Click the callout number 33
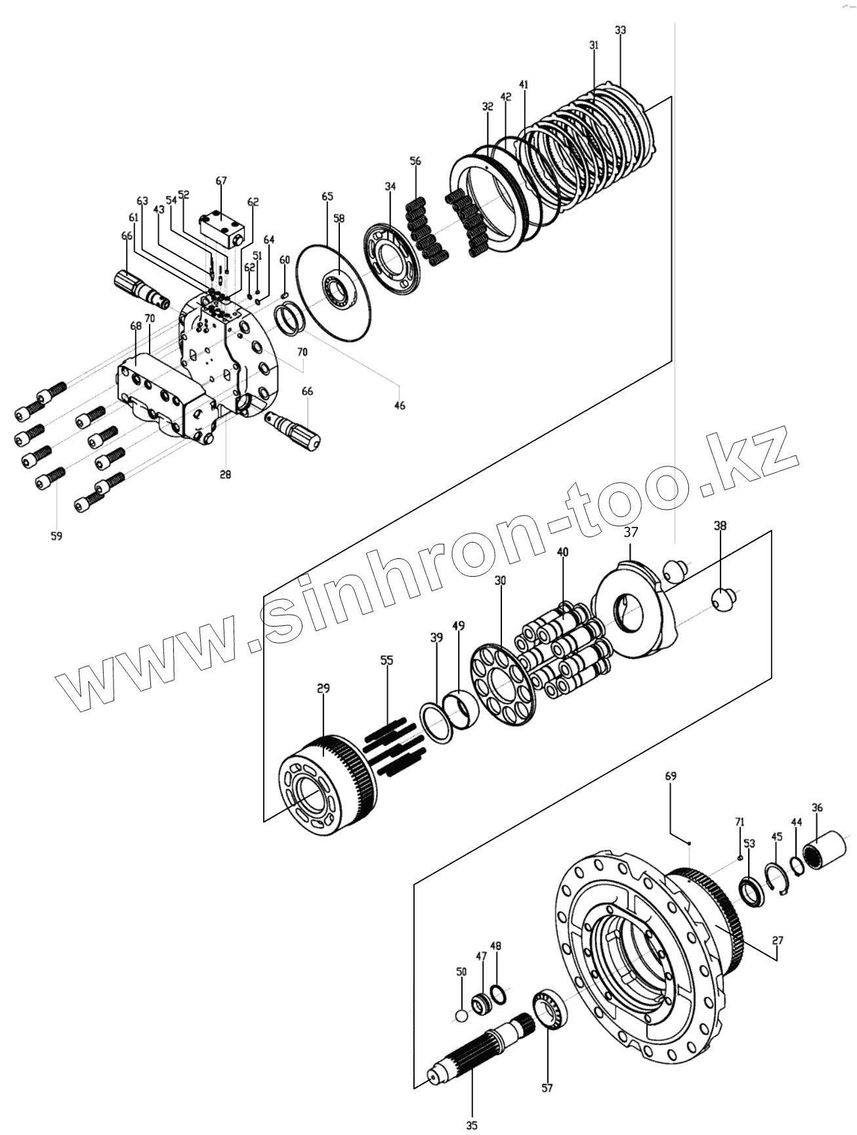tap(620, 30)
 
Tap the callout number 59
tap(56, 536)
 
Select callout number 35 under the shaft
tap(471, 1126)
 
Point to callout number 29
tap(323, 688)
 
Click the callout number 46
tap(400, 405)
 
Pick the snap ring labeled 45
tap(777, 878)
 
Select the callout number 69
tap(670, 776)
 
